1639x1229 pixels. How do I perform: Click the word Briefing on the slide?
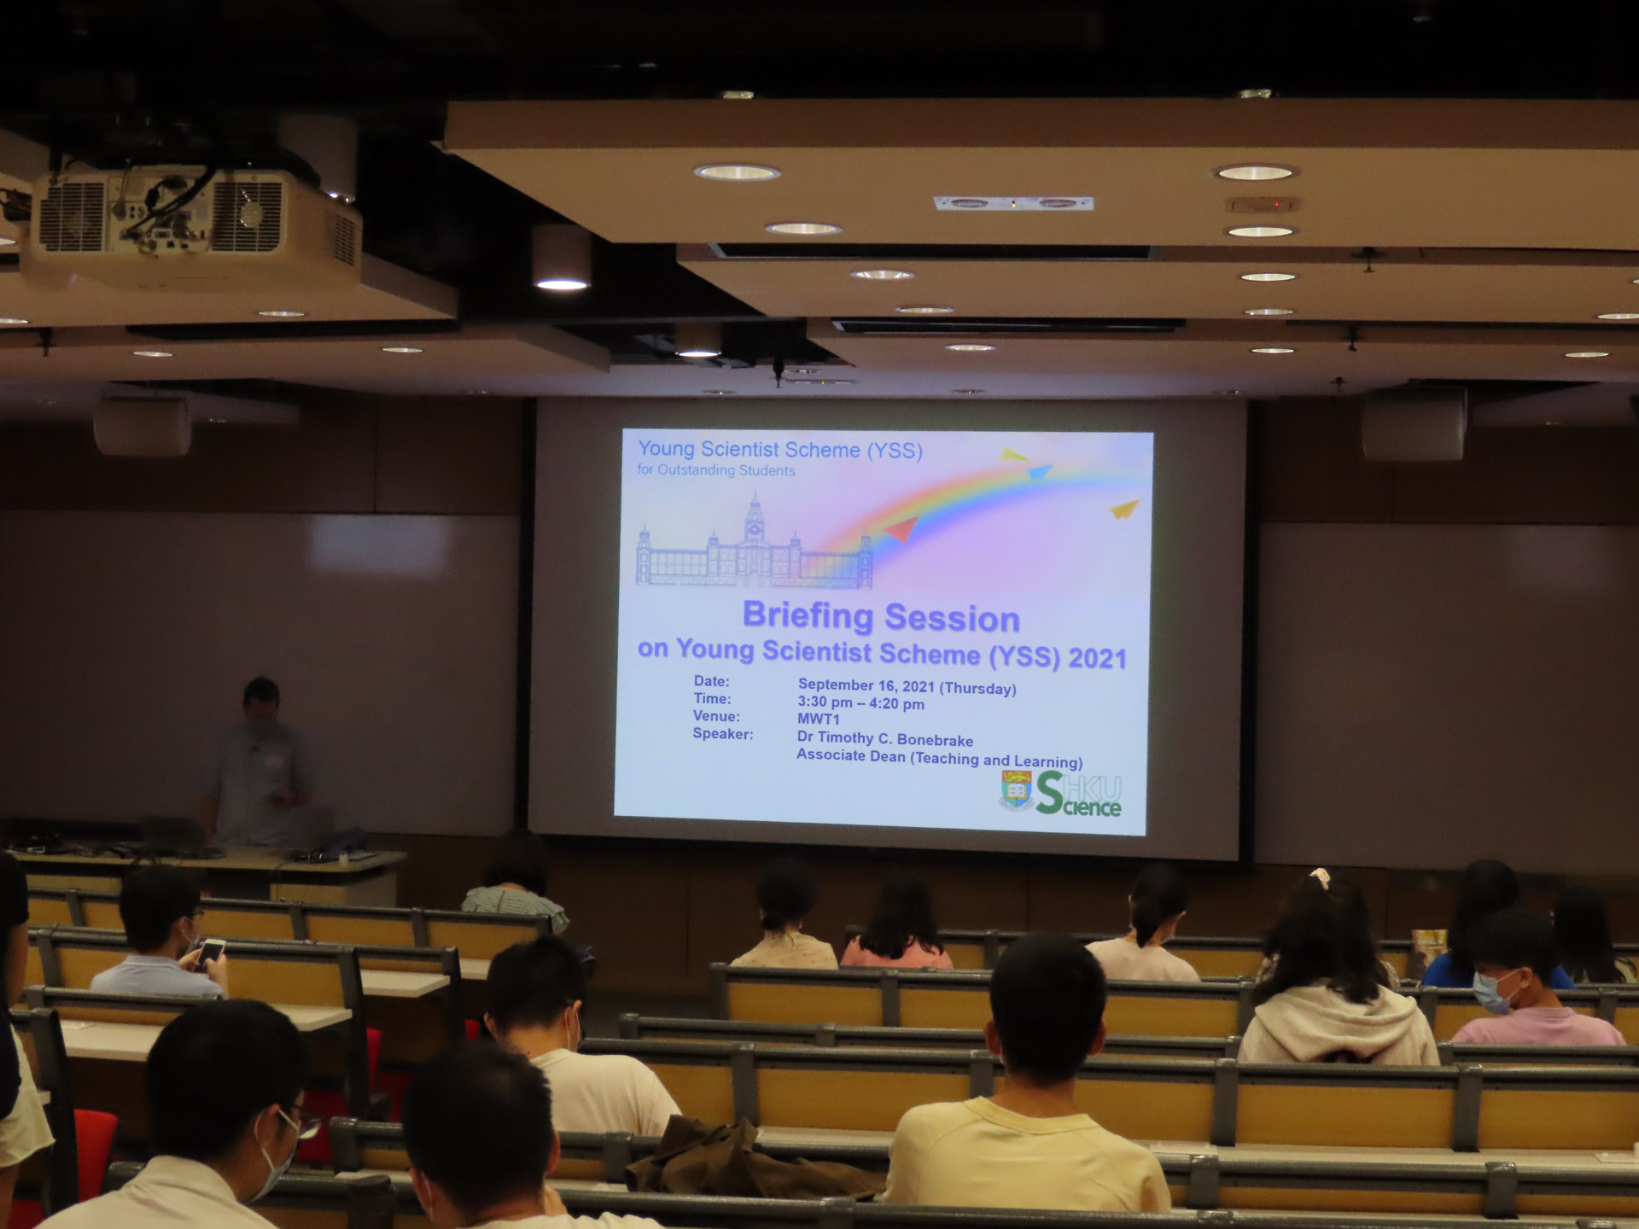[x=808, y=615]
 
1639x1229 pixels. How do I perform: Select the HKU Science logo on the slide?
[x=1062, y=793]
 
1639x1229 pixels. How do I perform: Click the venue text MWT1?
[x=818, y=719]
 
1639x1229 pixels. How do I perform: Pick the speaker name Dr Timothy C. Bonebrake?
[x=885, y=739]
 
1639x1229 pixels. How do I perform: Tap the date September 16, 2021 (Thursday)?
[x=907, y=686]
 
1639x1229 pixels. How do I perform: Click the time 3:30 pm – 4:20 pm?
[x=860, y=703]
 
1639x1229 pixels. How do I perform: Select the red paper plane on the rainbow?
[x=899, y=531]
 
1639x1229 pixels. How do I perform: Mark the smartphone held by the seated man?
[x=208, y=953]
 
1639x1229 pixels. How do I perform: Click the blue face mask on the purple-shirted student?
[x=1496, y=993]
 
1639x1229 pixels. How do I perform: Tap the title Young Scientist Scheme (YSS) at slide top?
[x=780, y=449]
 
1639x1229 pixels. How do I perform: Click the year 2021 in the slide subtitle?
[x=1098, y=658]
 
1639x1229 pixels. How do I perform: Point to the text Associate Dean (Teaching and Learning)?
[x=939, y=758]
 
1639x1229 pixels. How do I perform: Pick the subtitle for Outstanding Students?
[x=715, y=470]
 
